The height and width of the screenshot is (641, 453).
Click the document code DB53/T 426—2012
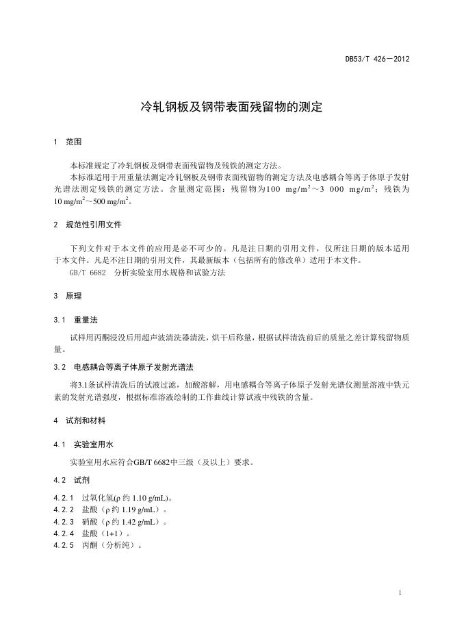tap(377, 59)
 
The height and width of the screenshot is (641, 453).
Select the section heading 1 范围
tap(68, 142)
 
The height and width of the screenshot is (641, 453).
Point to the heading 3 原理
tap(68, 296)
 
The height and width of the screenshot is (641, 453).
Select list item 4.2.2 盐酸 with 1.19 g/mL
tap(110, 510)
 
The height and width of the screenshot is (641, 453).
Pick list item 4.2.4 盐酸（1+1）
tap(92, 533)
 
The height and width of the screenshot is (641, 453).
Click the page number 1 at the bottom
tap(400, 592)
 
